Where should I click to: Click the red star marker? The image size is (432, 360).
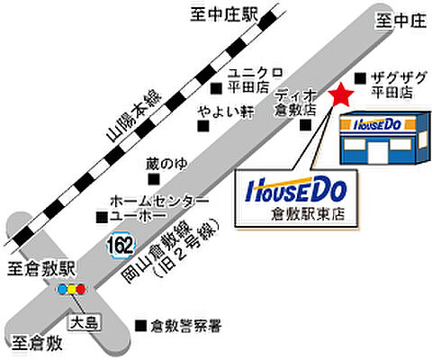tap(342, 94)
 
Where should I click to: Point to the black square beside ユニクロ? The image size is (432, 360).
tap(217, 87)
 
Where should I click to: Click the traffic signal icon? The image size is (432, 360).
tap(69, 290)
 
